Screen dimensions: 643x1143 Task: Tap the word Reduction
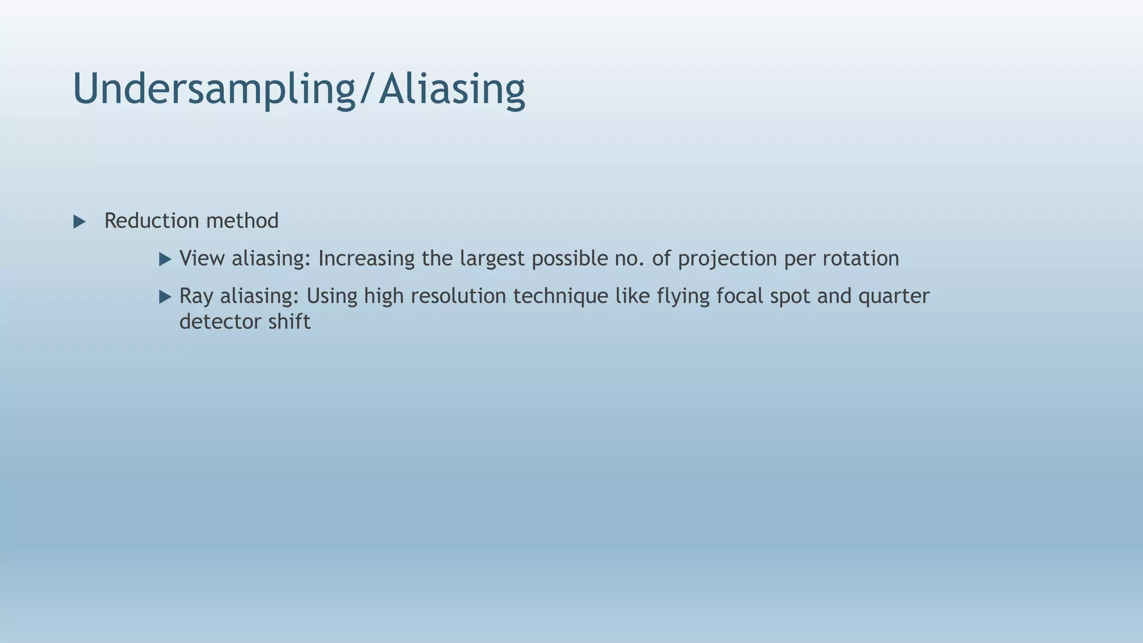point(152,221)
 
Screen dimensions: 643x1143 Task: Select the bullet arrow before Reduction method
point(79,222)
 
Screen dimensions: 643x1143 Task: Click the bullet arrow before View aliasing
point(165,259)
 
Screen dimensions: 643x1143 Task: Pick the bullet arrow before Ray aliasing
point(165,296)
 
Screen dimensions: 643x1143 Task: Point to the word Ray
point(196,296)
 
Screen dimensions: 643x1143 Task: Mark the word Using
point(332,296)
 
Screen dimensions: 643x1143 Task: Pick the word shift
point(289,322)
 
